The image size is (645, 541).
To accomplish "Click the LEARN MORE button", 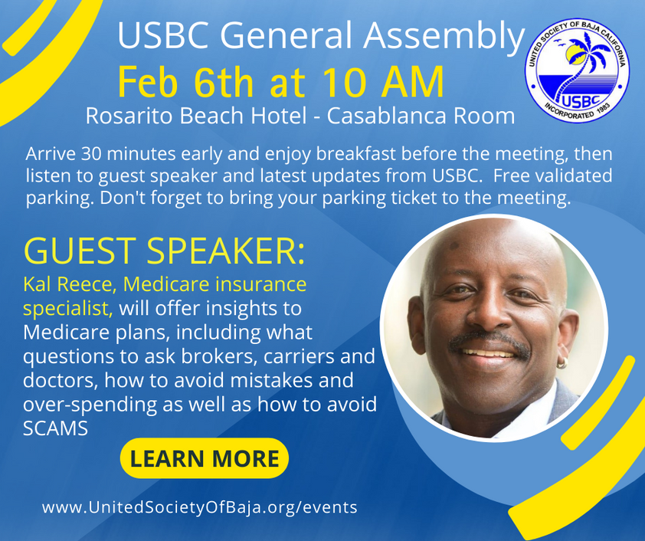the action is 205,458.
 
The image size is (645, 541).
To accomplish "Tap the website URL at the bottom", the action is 199,507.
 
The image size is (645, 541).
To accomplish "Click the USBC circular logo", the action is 577,70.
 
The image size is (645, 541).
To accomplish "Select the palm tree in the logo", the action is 580,66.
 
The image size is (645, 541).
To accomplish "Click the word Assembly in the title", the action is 444,36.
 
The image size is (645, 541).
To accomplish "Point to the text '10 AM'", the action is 383,81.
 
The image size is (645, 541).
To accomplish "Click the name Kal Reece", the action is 69,284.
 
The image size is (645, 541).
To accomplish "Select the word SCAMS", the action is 55,428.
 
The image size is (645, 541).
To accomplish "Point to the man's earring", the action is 562,363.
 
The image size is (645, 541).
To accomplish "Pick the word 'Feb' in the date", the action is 148,81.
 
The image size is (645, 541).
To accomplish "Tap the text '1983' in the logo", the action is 601,108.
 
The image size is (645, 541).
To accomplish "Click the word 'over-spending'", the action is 90,405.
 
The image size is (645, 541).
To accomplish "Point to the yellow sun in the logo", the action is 572,54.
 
